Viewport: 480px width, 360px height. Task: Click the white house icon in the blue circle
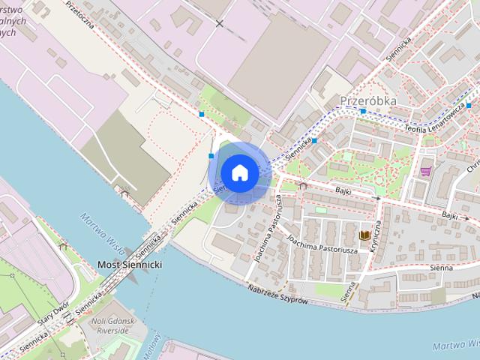(x=239, y=172)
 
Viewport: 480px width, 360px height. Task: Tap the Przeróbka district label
(x=367, y=100)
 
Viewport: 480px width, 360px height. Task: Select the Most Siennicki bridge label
(x=130, y=265)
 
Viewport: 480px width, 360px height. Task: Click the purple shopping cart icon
(x=426, y=169)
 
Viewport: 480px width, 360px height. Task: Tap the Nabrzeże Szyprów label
(x=278, y=295)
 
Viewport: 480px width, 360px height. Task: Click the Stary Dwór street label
(x=54, y=309)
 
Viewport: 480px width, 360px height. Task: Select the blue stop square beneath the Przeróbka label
(x=363, y=112)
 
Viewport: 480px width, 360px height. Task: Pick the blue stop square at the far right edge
(x=469, y=106)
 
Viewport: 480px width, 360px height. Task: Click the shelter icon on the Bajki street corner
(x=302, y=184)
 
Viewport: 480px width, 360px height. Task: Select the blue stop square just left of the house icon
(x=211, y=156)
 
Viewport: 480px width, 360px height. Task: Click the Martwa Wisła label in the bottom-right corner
(x=456, y=346)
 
